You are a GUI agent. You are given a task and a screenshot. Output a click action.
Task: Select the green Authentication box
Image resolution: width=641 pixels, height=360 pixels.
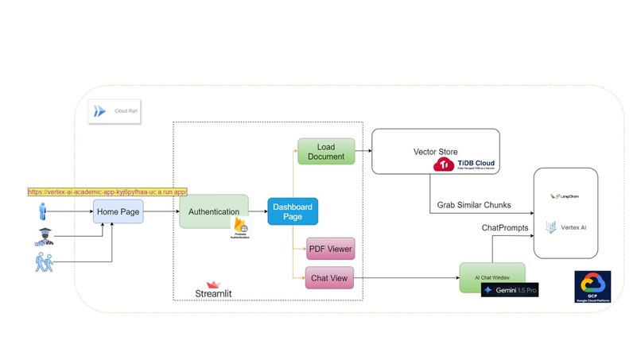point(214,211)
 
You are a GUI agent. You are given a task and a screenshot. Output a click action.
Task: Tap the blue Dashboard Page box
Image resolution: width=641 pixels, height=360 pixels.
point(293,212)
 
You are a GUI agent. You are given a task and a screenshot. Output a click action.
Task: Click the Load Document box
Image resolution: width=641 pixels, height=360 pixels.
point(324,152)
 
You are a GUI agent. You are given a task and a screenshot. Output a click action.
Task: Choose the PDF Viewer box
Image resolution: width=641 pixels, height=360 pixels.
point(329,250)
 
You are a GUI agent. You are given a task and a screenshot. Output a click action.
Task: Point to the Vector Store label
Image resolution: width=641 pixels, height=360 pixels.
point(435,152)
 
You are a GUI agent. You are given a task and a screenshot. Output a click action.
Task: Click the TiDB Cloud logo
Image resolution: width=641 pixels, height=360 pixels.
point(465,165)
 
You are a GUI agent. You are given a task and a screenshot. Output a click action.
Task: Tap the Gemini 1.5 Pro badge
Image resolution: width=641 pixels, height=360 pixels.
point(510,291)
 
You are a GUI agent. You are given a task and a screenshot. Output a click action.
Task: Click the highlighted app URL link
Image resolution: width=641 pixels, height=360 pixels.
point(107,192)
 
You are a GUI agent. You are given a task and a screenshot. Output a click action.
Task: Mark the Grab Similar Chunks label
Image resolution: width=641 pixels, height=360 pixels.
point(474,205)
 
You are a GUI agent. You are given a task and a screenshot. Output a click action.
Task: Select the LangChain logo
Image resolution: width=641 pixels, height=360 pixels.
point(566,196)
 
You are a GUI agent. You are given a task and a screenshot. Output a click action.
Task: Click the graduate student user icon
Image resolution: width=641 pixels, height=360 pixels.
point(43,237)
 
